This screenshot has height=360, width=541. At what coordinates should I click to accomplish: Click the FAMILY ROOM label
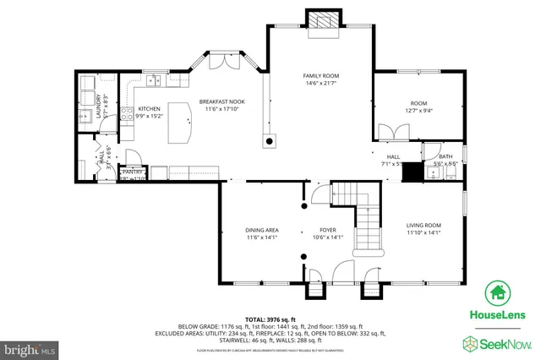point(320,76)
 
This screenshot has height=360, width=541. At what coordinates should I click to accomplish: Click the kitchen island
point(178,123)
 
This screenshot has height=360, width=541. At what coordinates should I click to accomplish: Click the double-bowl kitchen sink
point(153,80)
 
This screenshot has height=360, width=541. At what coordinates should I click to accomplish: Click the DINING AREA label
point(262,230)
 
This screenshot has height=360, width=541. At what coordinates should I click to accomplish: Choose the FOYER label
point(328,230)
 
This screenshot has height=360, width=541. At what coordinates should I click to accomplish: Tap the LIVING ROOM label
point(424,225)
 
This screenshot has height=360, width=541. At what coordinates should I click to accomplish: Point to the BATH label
point(445,156)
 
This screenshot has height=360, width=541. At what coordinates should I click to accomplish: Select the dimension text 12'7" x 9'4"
point(419,110)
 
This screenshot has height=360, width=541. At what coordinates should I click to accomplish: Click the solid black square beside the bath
point(412,171)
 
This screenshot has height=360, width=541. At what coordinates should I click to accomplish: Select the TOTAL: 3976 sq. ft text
point(270,318)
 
